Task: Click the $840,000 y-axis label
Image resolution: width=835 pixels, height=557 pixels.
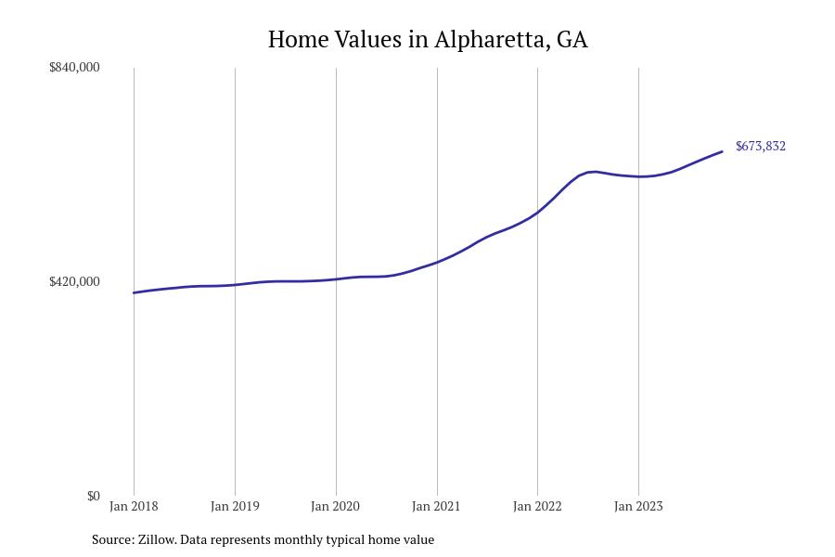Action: coord(74,67)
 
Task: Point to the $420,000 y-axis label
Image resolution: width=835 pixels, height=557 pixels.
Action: coord(74,281)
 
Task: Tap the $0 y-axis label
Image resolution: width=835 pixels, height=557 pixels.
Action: coord(93,496)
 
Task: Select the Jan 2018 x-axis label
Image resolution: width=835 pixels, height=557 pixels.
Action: coord(134,506)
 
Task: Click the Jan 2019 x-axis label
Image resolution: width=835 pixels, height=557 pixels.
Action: coord(235,506)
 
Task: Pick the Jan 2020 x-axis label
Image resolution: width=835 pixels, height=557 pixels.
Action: coord(336,506)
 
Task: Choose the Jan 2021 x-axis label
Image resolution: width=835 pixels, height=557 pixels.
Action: coord(437,506)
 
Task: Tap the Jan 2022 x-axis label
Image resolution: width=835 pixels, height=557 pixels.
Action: coord(537,506)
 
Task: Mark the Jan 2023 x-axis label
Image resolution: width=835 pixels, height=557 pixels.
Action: coord(638,506)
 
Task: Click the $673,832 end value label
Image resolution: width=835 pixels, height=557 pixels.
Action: coord(760,146)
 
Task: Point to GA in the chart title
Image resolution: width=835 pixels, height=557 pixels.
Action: coord(572,40)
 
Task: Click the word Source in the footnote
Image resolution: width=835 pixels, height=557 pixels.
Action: coord(111,539)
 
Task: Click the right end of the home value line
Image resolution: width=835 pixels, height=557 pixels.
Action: coord(722,151)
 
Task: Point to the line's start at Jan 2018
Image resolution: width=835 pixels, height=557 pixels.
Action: coord(135,292)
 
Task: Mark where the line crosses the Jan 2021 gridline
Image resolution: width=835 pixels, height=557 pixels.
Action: coord(437,262)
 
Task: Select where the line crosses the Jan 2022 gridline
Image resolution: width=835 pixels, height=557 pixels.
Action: coord(537,213)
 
